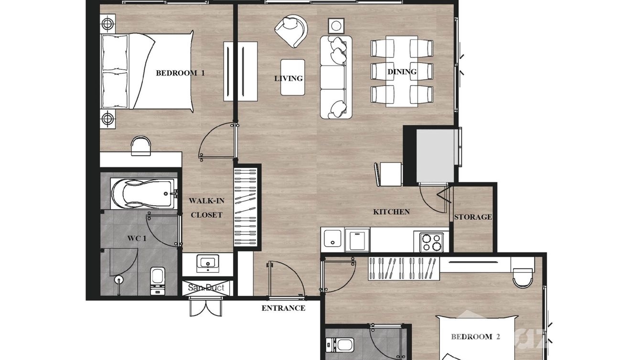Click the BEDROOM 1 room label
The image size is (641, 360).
click(x=180, y=73)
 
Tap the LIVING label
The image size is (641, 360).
click(x=288, y=78)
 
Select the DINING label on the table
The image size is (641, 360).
click(x=402, y=72)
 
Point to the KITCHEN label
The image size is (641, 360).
click(x=391, y=212)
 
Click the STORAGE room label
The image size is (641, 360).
click(x=473, y=217)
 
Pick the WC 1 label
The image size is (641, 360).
click(x=137, y=238)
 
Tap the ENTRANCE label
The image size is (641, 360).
click(x=283, y=308)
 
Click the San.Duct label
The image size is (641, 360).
click(x=206, y=287)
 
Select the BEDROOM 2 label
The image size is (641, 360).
click(x=475, y=337)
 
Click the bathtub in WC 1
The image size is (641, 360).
click(x=144, y=193)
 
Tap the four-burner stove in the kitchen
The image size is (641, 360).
click(x=431, y=242)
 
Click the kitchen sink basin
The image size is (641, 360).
click(x=332, y=238)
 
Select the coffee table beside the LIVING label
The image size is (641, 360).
click(x=292, y=77)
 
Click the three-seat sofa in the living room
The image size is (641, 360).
click(x=336, y=77)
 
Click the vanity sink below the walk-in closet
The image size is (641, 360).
click(x=208, y=263)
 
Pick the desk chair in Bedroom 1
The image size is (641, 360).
click(x=141, y=146)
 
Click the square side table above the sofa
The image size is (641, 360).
click(x=336, y=26)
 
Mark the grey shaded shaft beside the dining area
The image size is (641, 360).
click(x=435, y=156)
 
